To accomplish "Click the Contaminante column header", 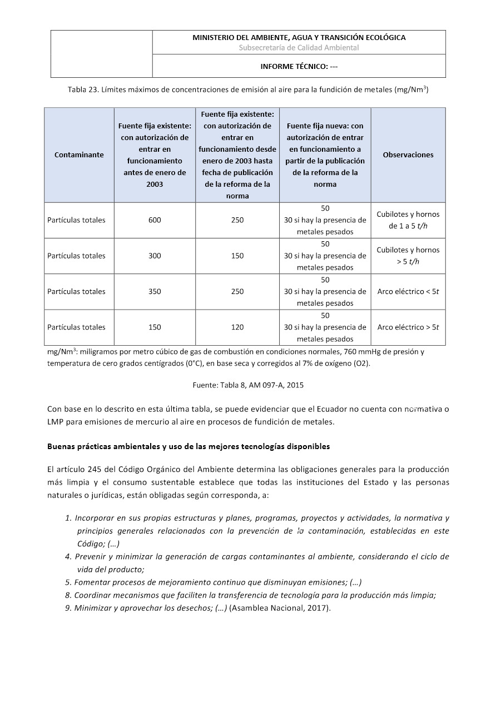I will [79, 155].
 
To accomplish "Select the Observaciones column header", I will [408, 155].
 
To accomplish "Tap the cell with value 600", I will [155, 220].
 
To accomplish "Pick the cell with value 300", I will [155, 256].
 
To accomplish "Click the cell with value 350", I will [155, 291].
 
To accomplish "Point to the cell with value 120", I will [237, 327].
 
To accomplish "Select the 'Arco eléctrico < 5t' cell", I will [408, 291].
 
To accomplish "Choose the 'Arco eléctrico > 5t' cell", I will [408, 327].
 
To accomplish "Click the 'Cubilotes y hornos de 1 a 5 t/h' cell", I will [408, 220].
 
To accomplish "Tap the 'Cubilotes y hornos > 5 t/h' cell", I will [408, 256].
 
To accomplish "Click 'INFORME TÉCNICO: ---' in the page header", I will [299, 66].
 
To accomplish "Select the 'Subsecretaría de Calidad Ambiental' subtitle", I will [299, 48].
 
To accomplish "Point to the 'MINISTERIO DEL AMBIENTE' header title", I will [299, 38].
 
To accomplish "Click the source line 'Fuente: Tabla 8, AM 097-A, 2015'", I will [248, 384].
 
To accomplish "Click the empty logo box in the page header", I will [101, 54].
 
